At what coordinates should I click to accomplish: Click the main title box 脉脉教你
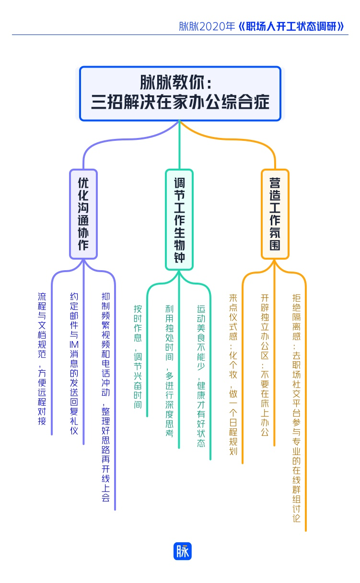tap(180, 93)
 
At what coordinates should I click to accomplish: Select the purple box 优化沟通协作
tap(83, 214)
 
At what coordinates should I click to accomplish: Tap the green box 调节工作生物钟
tap(179, 219)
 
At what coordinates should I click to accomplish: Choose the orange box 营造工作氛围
tap(275, 214)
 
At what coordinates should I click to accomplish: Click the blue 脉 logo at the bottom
tap(182, 551)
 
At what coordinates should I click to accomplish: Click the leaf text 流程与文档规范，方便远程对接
tap(43, 359)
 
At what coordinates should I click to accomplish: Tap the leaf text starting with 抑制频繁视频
tap(106, 397)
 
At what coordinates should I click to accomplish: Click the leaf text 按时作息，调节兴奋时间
tap(138, 356)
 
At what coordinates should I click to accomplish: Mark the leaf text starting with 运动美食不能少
tap(201, 377)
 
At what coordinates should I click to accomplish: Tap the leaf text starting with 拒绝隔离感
tap(297, 408)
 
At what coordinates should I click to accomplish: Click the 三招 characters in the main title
tap(105, 102)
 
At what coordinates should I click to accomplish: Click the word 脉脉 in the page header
tap(188, 27)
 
